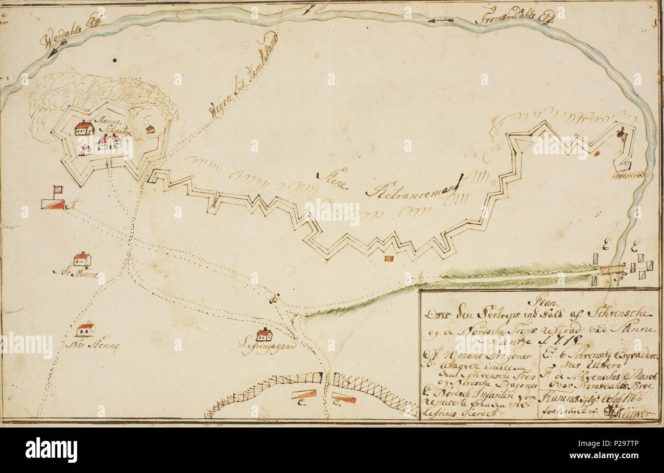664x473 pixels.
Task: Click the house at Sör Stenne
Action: point(82,259)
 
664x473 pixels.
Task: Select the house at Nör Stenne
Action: point(85,329)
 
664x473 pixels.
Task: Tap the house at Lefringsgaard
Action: point(264,335)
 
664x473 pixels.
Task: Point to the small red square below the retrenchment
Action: point(389,258)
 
